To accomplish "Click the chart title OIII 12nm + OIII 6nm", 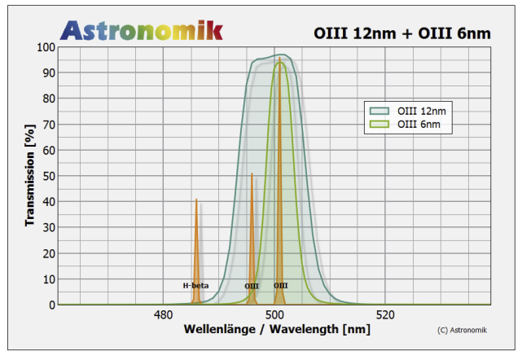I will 402,33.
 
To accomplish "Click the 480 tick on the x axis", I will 163,315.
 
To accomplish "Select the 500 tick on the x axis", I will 274,315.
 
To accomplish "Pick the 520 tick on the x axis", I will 385,315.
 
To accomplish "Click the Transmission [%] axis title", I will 30,175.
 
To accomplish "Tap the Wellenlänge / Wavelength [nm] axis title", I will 277,329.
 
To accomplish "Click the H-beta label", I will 195,285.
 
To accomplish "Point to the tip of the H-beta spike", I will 196,200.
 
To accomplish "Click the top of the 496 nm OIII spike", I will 252,173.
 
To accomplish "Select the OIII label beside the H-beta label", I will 252,286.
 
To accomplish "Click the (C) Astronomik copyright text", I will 462,330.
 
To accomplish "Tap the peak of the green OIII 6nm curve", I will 280,63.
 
